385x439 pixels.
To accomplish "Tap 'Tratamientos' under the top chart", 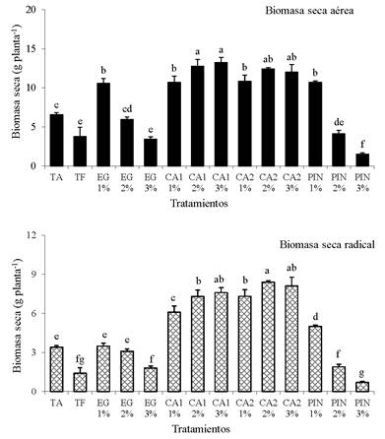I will tap(195, 201).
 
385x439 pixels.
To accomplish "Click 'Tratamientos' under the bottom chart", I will tap(195, 429).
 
